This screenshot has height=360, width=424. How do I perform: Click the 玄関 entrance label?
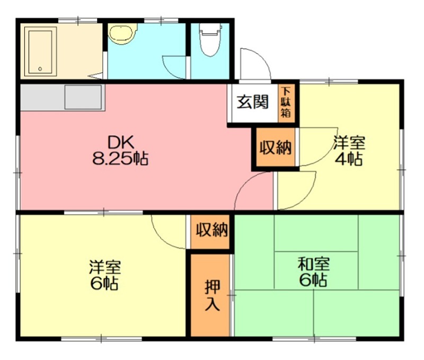[x=252, y=102]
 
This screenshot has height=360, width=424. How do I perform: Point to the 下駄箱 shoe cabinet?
[x=286, y=102]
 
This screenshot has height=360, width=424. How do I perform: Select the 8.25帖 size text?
[x=120, y=159]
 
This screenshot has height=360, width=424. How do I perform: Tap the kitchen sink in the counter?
[x=84, y=97]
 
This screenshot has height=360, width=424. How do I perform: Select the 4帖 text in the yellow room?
[x=349, y=159]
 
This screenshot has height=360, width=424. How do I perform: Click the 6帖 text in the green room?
[x=312, y=279]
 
